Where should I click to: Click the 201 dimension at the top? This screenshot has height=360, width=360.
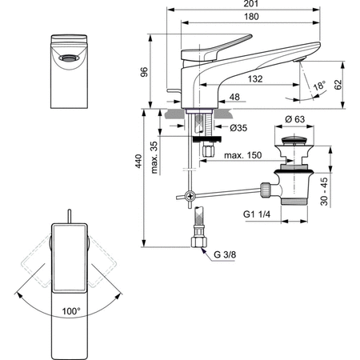253,6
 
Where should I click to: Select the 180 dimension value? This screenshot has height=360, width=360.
253,19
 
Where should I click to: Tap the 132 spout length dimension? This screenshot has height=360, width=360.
254,79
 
